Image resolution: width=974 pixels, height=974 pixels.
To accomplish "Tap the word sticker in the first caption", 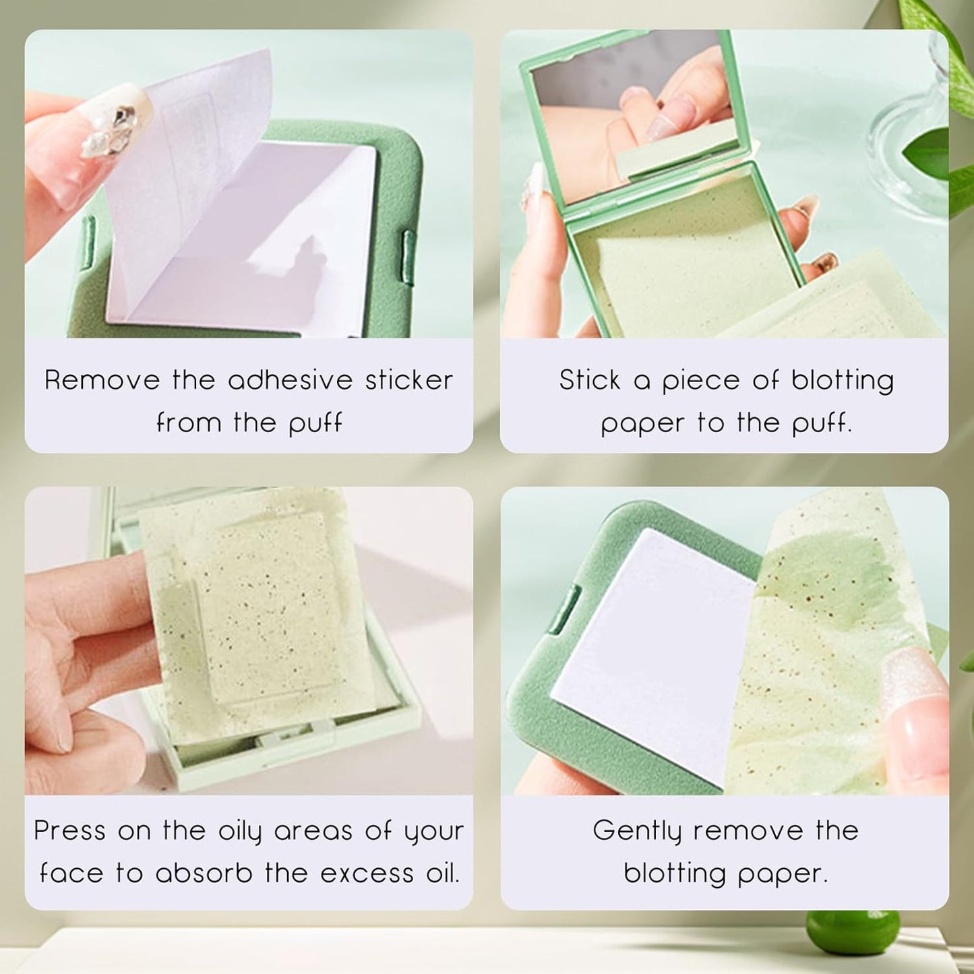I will [x=409, y=380].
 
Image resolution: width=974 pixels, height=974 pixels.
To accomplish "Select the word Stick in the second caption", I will [x=589, y=380].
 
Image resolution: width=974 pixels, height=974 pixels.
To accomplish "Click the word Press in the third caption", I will [x=69, y=830].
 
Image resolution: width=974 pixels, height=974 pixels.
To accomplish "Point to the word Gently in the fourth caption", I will [x=637, y=830].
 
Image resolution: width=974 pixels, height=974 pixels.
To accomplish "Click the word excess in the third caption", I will [x=367, y=874].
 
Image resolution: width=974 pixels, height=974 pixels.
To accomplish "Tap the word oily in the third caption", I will [x=239, y=832].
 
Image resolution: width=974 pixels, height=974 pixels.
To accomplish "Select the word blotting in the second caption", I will [x=843, y=380].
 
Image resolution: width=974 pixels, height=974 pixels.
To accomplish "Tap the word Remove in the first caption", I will [x=102, y=380].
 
